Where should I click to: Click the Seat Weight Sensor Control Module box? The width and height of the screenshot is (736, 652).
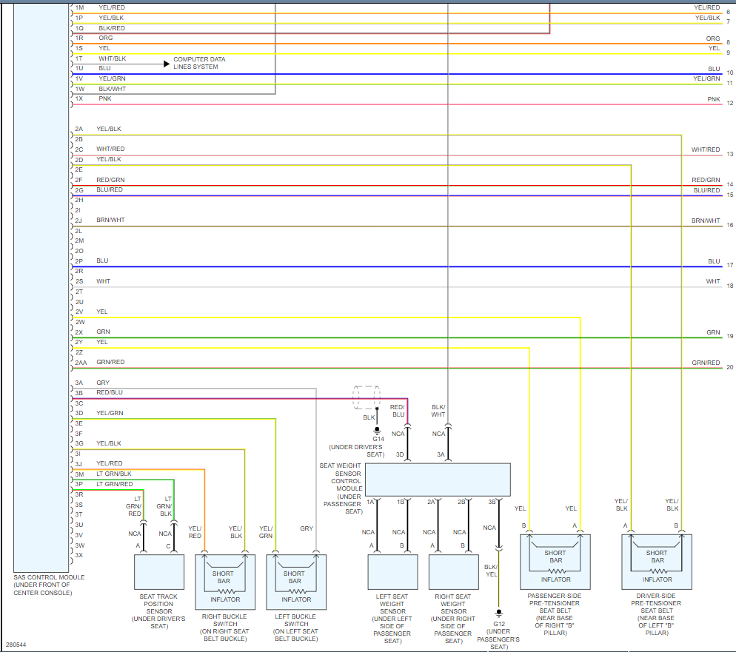click(x=438, y=480)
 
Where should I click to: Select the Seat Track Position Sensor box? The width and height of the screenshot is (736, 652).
click(x=158, y=571)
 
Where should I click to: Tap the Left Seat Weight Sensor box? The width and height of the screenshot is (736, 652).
click(x=392, y=571)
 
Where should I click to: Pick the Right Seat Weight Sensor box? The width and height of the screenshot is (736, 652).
click(x=453, y=571)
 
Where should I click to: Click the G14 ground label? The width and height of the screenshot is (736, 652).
click(x=378, y=439)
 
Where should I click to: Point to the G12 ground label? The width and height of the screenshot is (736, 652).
click(x=498, y=623)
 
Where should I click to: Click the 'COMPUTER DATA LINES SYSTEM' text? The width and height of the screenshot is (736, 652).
click(x=199, y=63)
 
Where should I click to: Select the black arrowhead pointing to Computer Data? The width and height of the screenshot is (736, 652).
click(x=167, y=64)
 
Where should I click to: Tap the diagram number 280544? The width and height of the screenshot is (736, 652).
click(x=16, y=645)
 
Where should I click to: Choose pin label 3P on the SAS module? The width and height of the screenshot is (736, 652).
click(x=78, y=484)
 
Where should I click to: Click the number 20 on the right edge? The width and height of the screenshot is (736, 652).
click(x=729, y=368)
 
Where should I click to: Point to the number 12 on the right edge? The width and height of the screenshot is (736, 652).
click(x=729, y=104)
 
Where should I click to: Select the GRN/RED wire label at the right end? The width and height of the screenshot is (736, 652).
click(x=706, y=363)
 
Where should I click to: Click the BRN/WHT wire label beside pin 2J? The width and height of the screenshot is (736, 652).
click(x=110, y=220)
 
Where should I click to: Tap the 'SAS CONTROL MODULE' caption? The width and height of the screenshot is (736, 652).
click(x=49, y=577)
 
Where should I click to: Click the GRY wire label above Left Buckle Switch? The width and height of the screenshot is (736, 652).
click(x=307, y=528)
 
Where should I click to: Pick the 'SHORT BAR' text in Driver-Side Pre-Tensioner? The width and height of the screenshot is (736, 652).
click(x=657, y=557)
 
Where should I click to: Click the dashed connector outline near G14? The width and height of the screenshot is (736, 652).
click(x=367, y=397)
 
